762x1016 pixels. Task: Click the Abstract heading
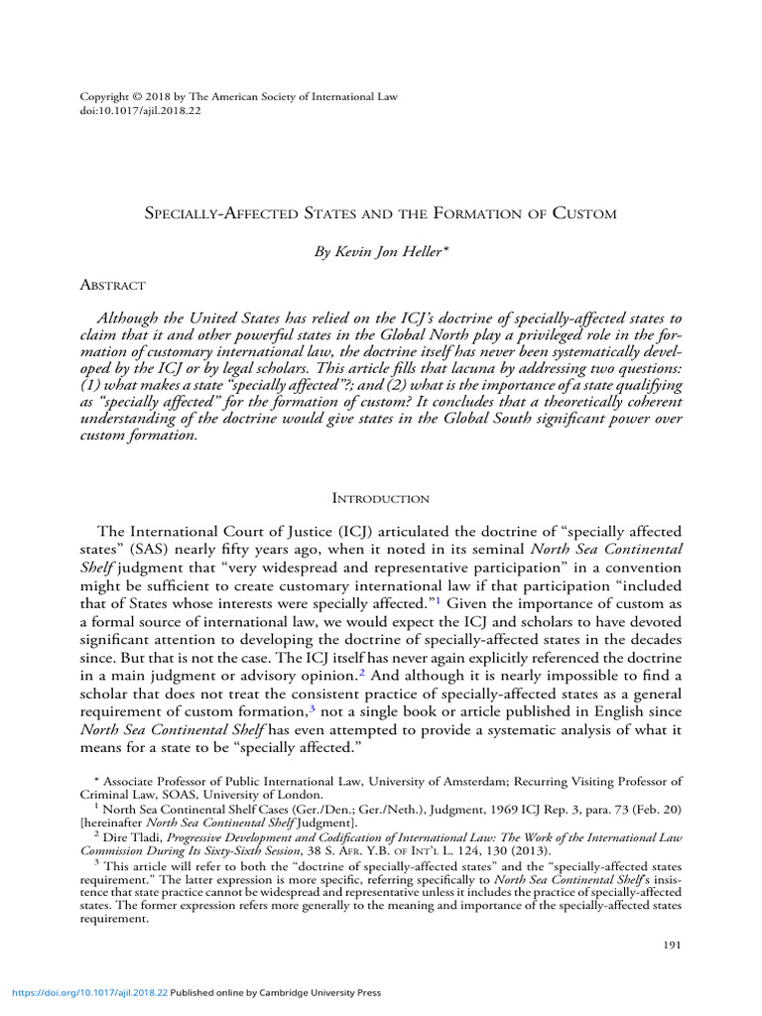coord(112,285)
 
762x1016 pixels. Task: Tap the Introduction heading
coord(381,498)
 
